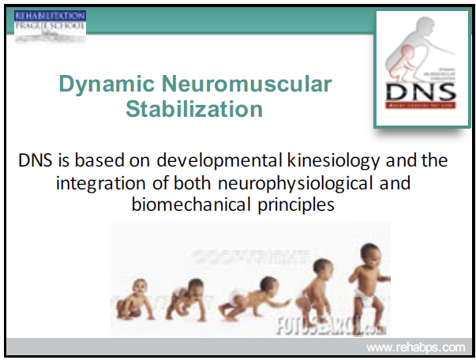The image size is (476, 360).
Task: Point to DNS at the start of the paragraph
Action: [x=35, y=161]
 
